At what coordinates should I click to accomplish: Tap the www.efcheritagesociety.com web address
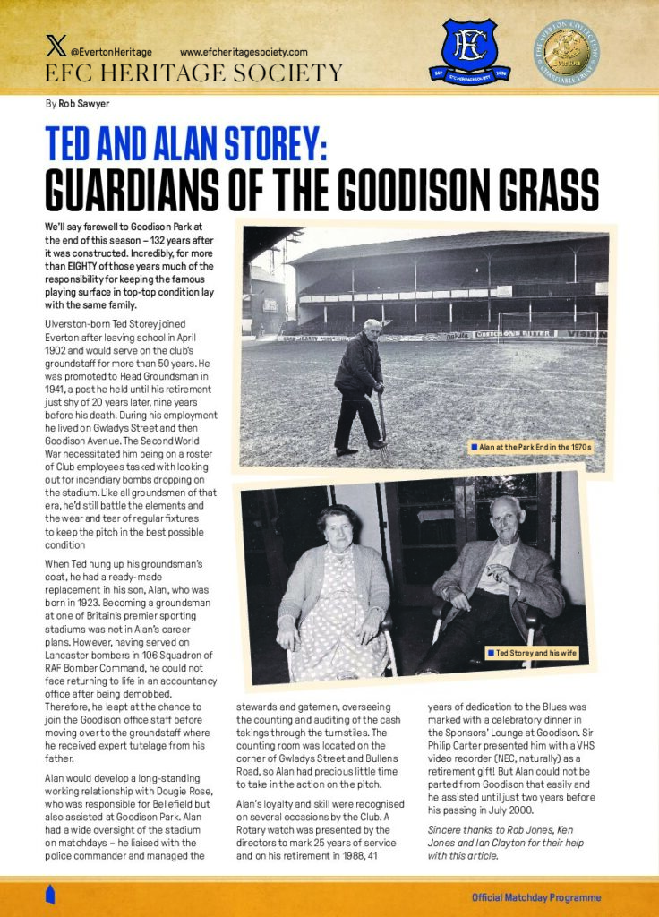244,53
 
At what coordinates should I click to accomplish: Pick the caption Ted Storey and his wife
536,653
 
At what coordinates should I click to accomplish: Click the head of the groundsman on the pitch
372,327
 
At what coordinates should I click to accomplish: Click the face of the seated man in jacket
505,518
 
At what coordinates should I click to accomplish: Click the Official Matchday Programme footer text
536,897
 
